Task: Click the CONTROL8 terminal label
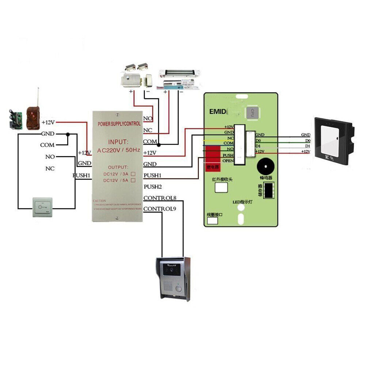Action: click(x=160, y=198)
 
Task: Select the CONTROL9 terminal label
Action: click(x=160, y=209)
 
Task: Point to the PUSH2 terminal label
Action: click(x=153, y=187)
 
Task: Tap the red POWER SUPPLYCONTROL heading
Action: click(x=119, y=124)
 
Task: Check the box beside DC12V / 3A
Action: click(x=133, y=174)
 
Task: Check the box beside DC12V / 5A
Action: click(x=133, y=180)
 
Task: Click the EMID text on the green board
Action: click(x=218, y=111)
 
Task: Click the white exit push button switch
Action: click(x=43, y=207)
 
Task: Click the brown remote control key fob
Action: click(x=33, y=118)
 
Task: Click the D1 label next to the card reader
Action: click(x=307, y=146)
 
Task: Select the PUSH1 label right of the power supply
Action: click(x=153, y=176)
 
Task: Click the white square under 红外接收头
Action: click(x=220, y=187)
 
